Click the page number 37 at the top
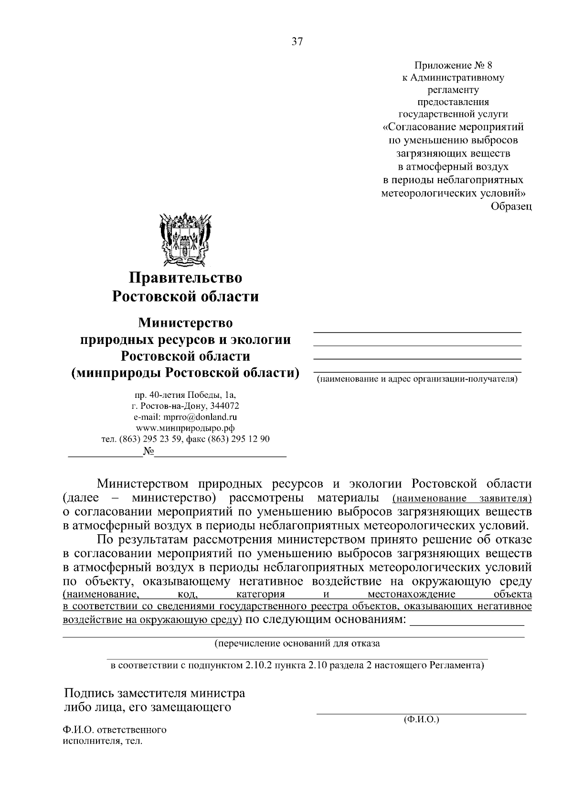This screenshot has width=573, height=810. click(x=297, y=42)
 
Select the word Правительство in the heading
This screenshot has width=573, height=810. click(x=185, y=278)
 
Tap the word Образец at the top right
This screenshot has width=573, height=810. click(x=511, y=207)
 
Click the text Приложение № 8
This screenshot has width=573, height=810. click(x=453, y=64)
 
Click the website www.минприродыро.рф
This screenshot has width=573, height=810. click(x=185, y=427)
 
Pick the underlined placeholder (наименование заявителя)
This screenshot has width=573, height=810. click(x=461, y=498)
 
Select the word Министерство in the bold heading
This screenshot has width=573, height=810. click(x=185, y=323)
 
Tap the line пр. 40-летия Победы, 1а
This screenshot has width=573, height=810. click(x=185, y=395)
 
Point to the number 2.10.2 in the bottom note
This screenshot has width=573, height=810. click(x=258, y=665)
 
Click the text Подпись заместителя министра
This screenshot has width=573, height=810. click(x=154, y=693)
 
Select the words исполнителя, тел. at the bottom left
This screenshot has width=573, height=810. click(x=103, y=742)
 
